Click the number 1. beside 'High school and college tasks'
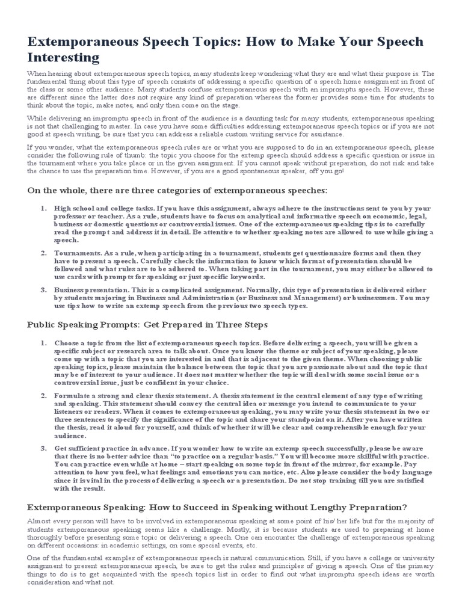click(x=43, y=208)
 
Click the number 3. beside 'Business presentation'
click(x=43, y=289)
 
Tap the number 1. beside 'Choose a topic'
click(x=43, y=343)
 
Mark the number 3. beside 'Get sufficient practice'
click(x=43, y=449)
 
